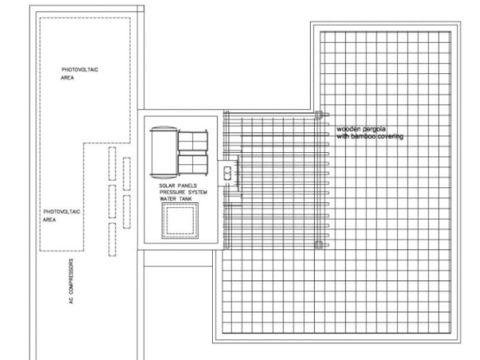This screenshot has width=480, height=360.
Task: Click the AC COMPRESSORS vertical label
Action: [71, 281]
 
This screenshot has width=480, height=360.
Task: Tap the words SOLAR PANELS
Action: [178, 186]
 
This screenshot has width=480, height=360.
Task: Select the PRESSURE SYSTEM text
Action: [183, 192]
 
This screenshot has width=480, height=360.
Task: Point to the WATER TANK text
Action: [176, 199]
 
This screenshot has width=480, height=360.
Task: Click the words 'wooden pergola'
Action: [361, 129]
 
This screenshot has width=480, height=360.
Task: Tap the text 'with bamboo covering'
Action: [370, 136]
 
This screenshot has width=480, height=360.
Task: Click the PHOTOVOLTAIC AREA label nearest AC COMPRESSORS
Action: [62, 215]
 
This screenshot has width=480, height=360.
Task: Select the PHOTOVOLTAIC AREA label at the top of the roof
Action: [80, 73]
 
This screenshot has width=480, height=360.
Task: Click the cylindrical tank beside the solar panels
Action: [164, 152]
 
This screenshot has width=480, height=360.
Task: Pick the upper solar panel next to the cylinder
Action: [193, 141]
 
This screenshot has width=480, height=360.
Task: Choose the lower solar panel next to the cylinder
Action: [193, 164]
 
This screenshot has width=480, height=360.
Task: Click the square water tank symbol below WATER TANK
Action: [180, 220]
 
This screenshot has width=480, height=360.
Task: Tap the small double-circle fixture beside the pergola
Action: [227, 173]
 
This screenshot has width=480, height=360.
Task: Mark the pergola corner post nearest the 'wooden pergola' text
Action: [318, 115]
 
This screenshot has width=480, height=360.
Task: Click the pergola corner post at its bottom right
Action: [318, 245]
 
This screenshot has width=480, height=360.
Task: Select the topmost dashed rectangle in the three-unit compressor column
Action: [113, 164]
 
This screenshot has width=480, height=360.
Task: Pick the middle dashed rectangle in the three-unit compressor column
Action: [113, 201]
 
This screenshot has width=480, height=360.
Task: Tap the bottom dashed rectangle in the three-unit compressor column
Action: [113, 239]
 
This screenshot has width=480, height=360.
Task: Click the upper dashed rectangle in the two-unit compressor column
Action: [127, 174]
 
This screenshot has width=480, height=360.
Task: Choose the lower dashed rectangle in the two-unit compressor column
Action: [127, 212]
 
